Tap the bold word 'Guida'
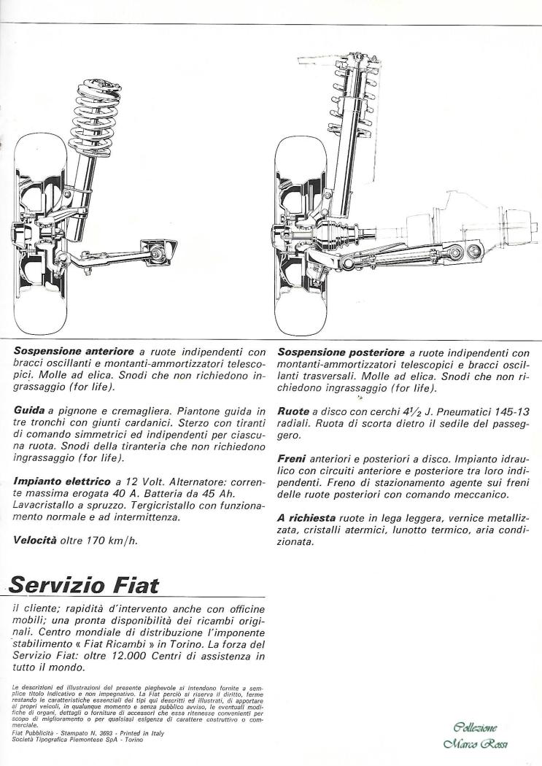30,412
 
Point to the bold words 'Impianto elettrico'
62,481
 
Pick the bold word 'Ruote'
293,412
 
